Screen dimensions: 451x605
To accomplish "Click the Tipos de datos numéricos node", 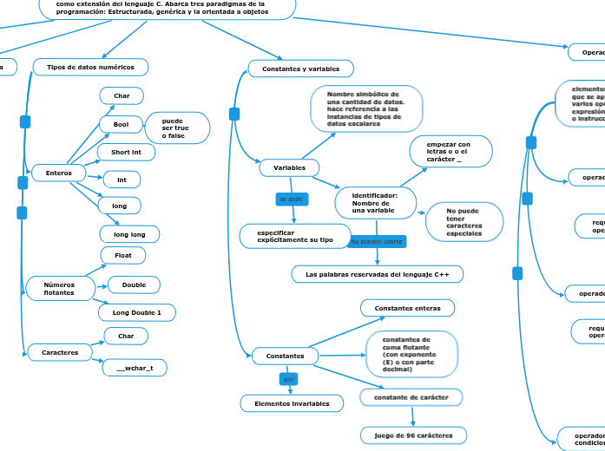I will pos(90,67).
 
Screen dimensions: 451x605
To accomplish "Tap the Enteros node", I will pos(58,173).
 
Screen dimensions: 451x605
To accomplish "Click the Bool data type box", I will pos(121,125).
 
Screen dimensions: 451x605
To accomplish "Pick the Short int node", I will pos(126,153).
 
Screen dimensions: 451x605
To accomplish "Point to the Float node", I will pos(123,255).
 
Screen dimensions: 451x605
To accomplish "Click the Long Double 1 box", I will pos(136,311).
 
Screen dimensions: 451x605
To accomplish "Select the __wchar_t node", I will pos(135,369).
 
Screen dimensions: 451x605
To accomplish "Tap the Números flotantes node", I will pos(59,289).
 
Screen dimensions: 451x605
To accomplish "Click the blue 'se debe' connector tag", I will pos(291,199).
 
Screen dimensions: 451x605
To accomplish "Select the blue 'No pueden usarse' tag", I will pos(376,241).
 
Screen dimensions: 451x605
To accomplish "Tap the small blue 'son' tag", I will pos(289,379).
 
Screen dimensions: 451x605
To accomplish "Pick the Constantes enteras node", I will pos(407,308).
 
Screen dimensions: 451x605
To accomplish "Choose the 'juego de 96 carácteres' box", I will pos(413,435).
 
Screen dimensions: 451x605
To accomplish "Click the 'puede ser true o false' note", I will pos(177,127).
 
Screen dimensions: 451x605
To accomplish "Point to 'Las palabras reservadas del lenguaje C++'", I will pos(377,274).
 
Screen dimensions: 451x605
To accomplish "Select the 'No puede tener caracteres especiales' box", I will pos(464,222).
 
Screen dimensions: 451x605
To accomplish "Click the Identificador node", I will pos(375,203).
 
